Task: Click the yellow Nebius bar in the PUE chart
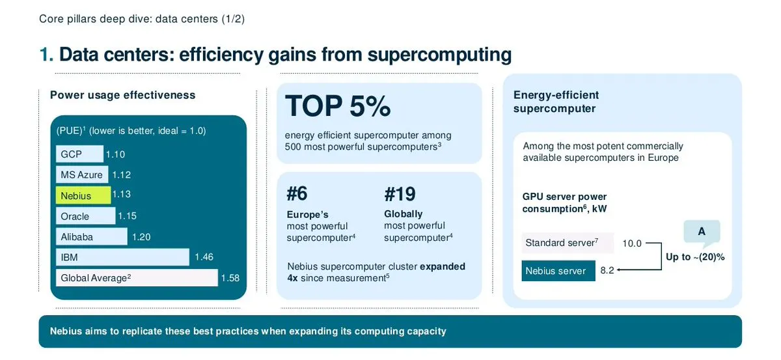[x=83, y=195]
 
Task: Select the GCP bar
[x=79, y=154]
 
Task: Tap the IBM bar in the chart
[x=122, y=257]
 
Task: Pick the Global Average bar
[x=137, y=278]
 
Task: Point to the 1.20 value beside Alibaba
[x=141, y=237]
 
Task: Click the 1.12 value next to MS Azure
[x=121, y=174]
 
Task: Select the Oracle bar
[x=85, y=216]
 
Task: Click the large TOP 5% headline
[x=338, y=105]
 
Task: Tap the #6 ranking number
[x=297, y=193]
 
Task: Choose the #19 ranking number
[x=400, y=194]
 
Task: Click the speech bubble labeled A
[x=702, y=232]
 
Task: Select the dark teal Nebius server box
[x=558, y=271]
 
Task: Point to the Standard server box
[x=568, y=242]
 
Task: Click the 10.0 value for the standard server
[x=632, y=243]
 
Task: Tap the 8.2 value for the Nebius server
[x=607, y=270]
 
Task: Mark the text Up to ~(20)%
[x=695, y=257]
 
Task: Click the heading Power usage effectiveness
[x=123, y=95]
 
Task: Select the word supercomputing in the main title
[x=439, y=55]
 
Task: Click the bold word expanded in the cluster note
[x=443, y=266]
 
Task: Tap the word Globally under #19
[x=403, y=214]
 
